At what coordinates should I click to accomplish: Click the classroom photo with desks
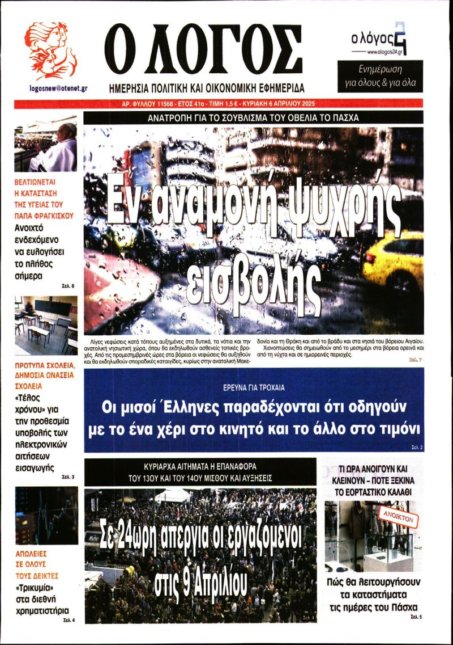46,325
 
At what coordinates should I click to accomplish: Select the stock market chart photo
46,516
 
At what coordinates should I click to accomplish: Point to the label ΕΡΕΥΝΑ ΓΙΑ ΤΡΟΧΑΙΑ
253,388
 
